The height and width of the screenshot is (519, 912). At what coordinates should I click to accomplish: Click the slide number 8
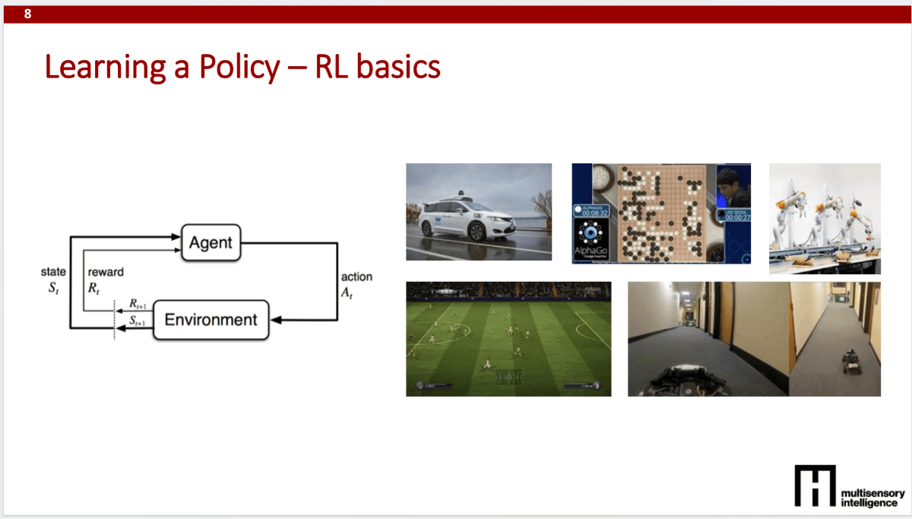(28, 14)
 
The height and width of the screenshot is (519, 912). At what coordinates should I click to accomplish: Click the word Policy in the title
(239, 68)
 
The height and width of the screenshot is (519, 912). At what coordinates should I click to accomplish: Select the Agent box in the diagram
(211, 243)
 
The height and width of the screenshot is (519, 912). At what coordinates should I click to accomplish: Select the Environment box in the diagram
(211, 319)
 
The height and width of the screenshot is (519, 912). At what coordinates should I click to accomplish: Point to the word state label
(54, 272)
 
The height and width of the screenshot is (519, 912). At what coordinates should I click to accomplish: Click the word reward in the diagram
(106, 272)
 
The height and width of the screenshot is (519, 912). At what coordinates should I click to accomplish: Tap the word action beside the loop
(357, 277)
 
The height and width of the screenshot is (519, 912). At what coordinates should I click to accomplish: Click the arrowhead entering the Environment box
(277, 320)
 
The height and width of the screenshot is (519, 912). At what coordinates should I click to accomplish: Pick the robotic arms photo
(825, 218)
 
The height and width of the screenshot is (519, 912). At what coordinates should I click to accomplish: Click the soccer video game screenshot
(508, 338)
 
